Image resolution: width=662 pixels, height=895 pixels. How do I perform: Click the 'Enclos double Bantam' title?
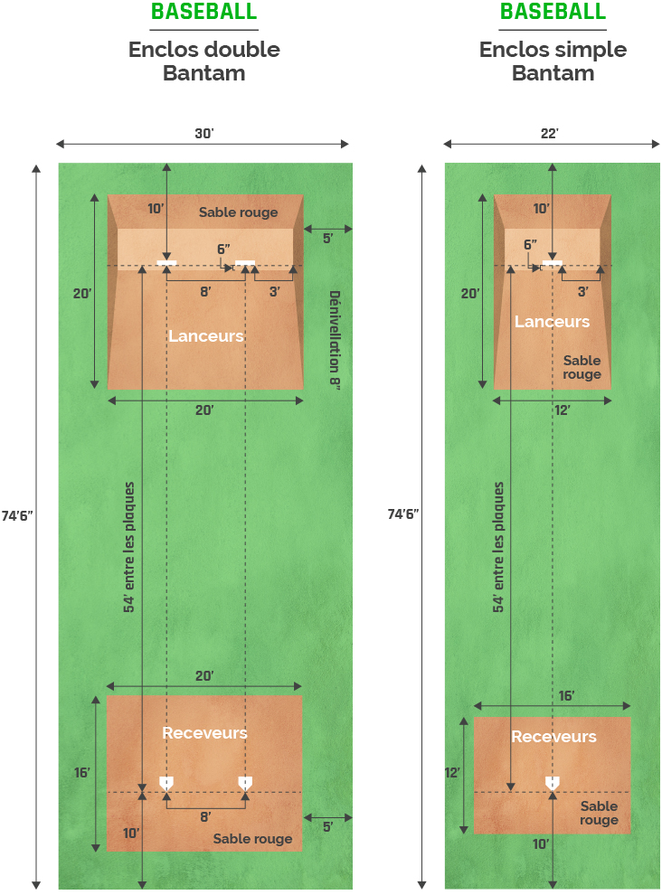pos(203,61)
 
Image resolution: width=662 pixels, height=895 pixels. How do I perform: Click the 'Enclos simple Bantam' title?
pos(553,61)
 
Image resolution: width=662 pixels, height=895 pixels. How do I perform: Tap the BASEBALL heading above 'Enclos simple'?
pos(553,12)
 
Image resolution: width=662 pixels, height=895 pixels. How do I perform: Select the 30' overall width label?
pos(203,134)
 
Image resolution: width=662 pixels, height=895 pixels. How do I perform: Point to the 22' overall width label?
pos(550,134)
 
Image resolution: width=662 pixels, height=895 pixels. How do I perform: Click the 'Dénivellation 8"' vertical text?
pos(334,336)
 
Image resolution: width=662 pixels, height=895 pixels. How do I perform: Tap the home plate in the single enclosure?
pos(552,782)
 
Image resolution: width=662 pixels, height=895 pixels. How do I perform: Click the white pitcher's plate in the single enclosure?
pos(552,263)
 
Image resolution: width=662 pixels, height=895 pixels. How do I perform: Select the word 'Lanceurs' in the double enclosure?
pos(206,336)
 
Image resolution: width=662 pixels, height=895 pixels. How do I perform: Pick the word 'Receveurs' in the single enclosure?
pos(553,737)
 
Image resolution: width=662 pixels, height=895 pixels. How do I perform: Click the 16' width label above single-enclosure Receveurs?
pos(566,695)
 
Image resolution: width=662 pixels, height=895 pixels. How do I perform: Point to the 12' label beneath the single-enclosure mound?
pos(562,410)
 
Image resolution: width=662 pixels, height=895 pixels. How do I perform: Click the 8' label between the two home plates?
pos(205,816)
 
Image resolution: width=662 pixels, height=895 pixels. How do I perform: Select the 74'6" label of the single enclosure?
pos(402,514)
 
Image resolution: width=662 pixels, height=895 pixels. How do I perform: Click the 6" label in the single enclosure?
pos(530,244)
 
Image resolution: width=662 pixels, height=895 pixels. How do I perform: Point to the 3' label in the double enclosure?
pos(274,292)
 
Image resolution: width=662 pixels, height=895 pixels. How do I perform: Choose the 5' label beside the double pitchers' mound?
pos(327,239)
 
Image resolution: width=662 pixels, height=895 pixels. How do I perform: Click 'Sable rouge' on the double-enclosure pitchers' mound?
pos(239,212)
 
